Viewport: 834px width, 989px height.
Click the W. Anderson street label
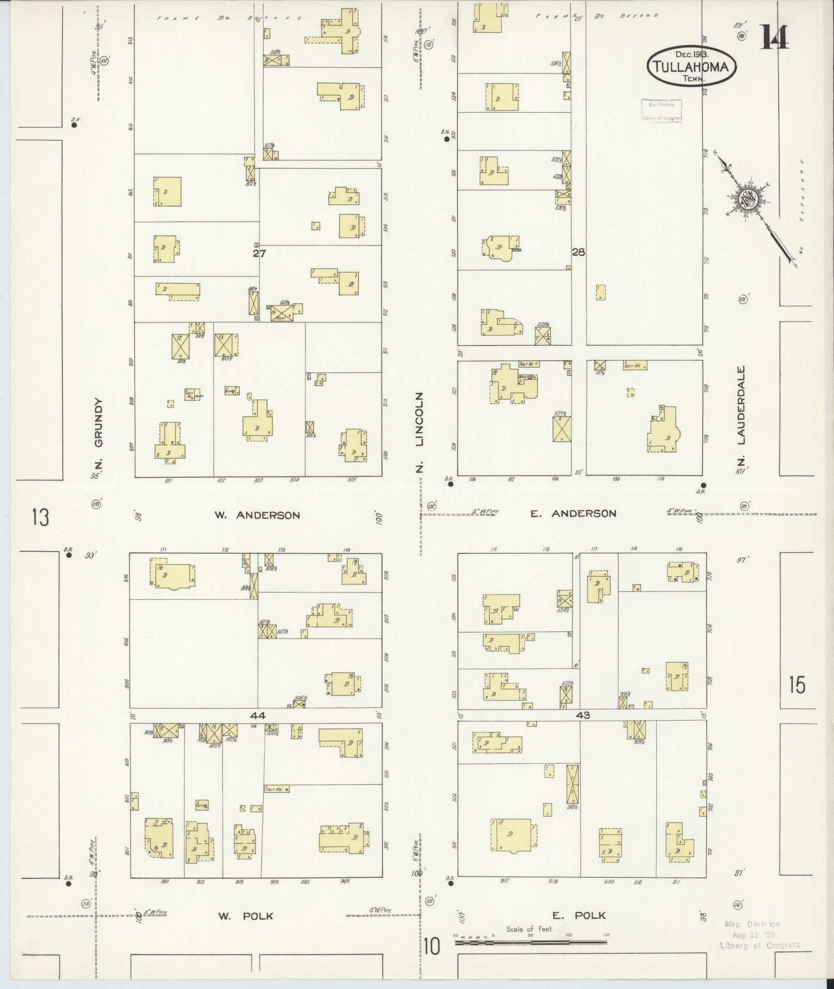(x=257, y=515)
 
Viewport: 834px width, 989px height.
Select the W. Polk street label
(x=245, y=916)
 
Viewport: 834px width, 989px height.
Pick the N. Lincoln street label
(x=420, y=433)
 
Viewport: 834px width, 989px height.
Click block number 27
(x=259, y=253)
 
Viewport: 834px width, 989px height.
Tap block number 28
(x=578, y=252)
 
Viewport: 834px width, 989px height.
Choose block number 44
(x=257, y=716)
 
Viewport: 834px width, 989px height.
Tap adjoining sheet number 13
(x=40, y=517)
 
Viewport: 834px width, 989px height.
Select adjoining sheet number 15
(x=797, y=685)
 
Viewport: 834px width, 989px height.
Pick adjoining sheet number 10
(x=431, y=947)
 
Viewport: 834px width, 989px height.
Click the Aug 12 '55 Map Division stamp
(x=760, y=935)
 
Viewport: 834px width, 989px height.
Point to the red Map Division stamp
(x=662, y=110)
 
